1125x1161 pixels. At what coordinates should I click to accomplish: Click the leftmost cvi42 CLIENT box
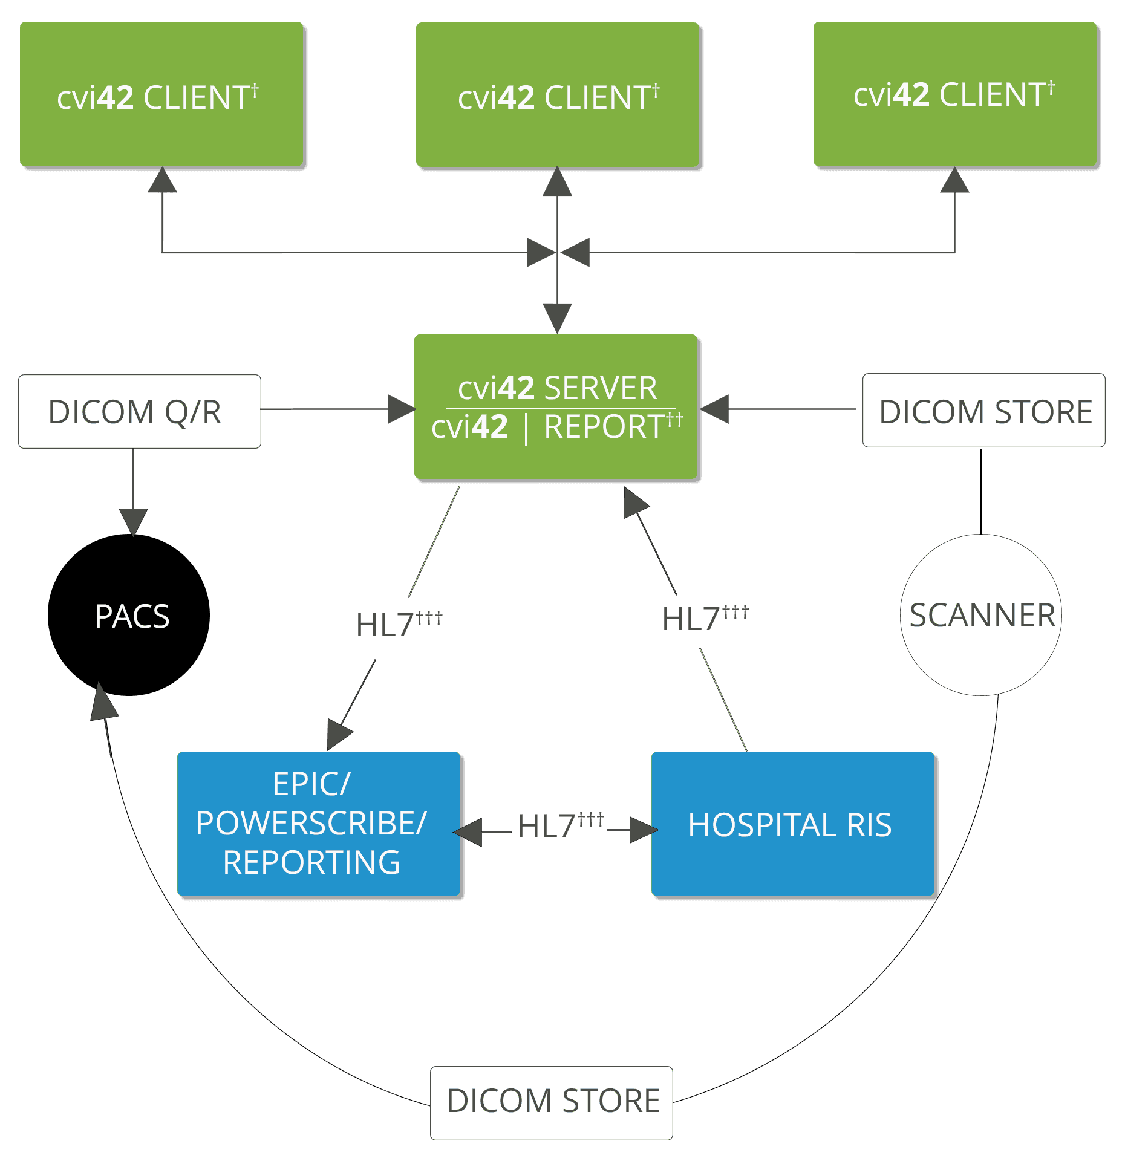161,95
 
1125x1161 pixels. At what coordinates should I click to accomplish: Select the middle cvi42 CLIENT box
558,95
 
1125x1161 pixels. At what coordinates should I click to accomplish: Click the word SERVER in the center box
600,388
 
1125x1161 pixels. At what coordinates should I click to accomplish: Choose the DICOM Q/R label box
140,412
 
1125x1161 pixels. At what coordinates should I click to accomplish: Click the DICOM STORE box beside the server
983,411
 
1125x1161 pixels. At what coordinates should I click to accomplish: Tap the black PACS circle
129,616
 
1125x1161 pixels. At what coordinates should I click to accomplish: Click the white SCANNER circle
981,616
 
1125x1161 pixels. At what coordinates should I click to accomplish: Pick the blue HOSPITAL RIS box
792,825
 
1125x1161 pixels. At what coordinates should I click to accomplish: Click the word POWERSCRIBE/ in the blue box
311,824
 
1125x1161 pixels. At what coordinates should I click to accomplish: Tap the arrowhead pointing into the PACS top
133,521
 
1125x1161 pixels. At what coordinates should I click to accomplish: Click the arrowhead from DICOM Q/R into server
400,409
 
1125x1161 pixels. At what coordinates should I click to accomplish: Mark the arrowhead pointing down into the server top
557,317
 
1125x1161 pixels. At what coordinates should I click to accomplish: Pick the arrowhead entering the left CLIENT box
162,181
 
